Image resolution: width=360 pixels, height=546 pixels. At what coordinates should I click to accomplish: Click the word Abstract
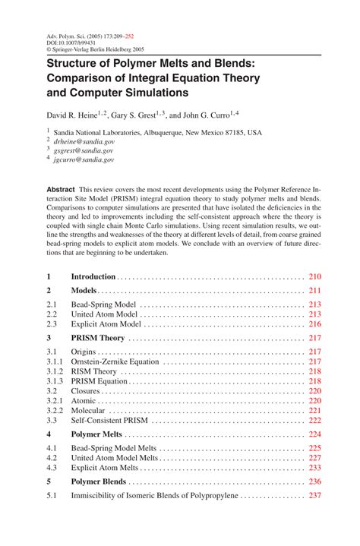62,188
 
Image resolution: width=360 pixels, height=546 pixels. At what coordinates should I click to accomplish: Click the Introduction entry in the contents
93,276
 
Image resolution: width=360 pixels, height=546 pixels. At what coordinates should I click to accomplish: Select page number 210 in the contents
315,276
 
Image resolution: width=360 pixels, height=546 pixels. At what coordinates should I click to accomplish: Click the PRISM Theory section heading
97,338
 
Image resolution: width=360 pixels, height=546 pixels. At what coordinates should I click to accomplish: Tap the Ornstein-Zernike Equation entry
115,361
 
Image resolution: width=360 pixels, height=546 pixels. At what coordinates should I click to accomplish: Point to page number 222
315,420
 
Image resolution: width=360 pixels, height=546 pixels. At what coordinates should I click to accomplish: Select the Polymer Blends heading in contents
99,481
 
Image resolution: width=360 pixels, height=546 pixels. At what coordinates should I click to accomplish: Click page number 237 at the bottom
315,495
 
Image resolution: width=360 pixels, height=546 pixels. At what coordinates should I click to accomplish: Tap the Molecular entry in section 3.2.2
88,410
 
